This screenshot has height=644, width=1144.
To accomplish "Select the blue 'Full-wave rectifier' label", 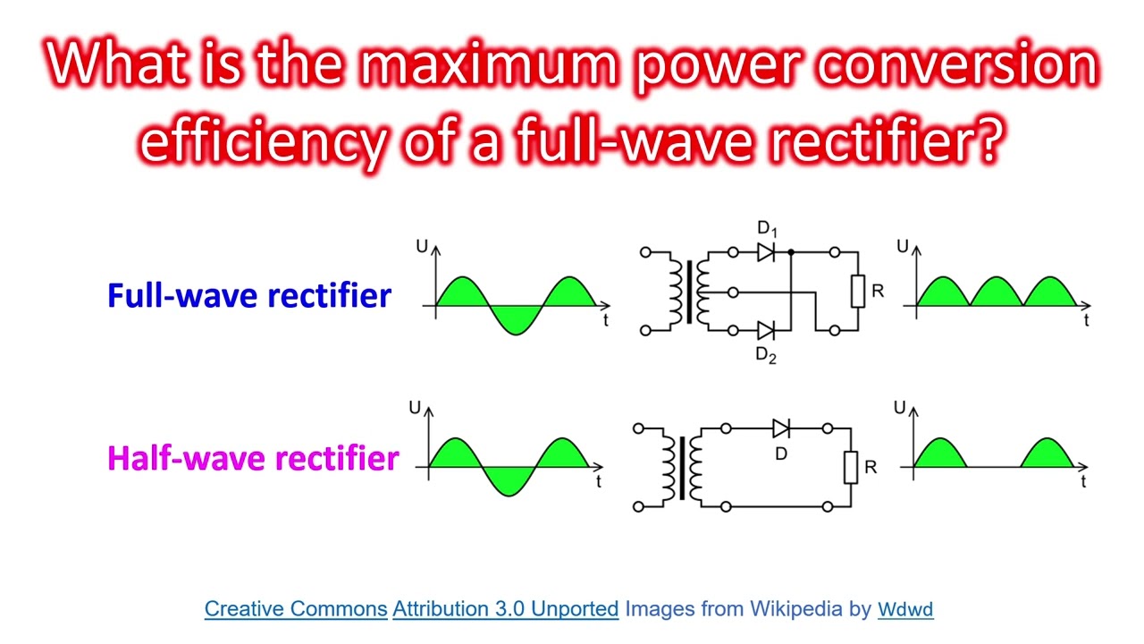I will (249, 295).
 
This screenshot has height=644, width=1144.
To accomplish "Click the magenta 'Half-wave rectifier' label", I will (252, 458).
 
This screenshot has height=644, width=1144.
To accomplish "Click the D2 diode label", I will (766, 355).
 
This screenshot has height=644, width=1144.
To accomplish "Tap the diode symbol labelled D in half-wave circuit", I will (781, 428).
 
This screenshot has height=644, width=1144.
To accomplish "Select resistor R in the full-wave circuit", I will (857, 292).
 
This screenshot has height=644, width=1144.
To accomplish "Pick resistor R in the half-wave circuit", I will (850, 467).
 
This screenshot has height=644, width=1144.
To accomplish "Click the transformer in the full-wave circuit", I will (688, 292).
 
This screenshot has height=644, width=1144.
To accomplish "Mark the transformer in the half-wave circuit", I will (681, 467).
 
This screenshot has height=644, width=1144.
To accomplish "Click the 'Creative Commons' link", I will (296, 609).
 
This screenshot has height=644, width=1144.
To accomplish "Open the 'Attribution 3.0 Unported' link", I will (505, 609).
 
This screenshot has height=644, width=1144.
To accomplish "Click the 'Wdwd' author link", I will (905, 610).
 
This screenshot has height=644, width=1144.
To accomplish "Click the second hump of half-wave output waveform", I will (1047, 454).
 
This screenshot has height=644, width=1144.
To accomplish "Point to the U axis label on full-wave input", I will (422, 246).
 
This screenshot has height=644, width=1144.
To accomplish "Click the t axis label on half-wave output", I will (1083, 482).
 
